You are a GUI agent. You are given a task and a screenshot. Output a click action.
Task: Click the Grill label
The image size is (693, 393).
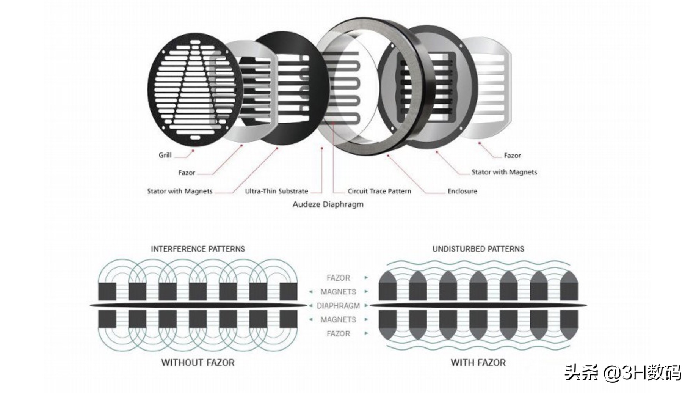[165, 155]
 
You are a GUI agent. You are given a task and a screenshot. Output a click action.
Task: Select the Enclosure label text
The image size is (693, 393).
[462, 191]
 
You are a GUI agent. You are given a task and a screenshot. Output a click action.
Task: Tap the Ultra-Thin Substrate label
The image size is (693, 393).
[276, 191]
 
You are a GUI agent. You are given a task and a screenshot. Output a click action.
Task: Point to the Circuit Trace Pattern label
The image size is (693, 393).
[379, 191]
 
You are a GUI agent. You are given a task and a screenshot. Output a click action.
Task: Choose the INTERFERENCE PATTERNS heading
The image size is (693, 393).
[198, 249]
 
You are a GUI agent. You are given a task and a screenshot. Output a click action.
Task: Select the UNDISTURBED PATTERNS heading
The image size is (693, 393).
[478, 249]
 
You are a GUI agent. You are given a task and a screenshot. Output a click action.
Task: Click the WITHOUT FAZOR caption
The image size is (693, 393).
[198, 363]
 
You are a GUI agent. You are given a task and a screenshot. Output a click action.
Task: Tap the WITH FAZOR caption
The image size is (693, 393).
[478, 363]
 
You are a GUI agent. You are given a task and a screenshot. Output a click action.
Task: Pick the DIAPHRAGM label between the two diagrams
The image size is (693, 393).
[338, 306]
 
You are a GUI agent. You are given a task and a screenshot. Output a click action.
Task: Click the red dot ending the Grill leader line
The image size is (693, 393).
[193, 151]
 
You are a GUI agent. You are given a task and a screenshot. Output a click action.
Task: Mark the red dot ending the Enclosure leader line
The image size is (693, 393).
[388, 156]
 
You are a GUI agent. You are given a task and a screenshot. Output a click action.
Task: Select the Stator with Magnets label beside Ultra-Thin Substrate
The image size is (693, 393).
[180, 191]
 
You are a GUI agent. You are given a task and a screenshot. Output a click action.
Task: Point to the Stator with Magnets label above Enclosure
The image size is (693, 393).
[504, 172]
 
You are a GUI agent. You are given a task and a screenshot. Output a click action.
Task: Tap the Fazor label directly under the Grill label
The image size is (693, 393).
[187, 173]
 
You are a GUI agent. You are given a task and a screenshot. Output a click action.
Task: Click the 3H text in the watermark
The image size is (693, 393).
[634, 373]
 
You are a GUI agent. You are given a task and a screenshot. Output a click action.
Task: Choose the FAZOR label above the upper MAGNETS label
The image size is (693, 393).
[338, 278]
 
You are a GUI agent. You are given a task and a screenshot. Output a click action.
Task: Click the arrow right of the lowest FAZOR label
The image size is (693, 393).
[366, 333]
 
